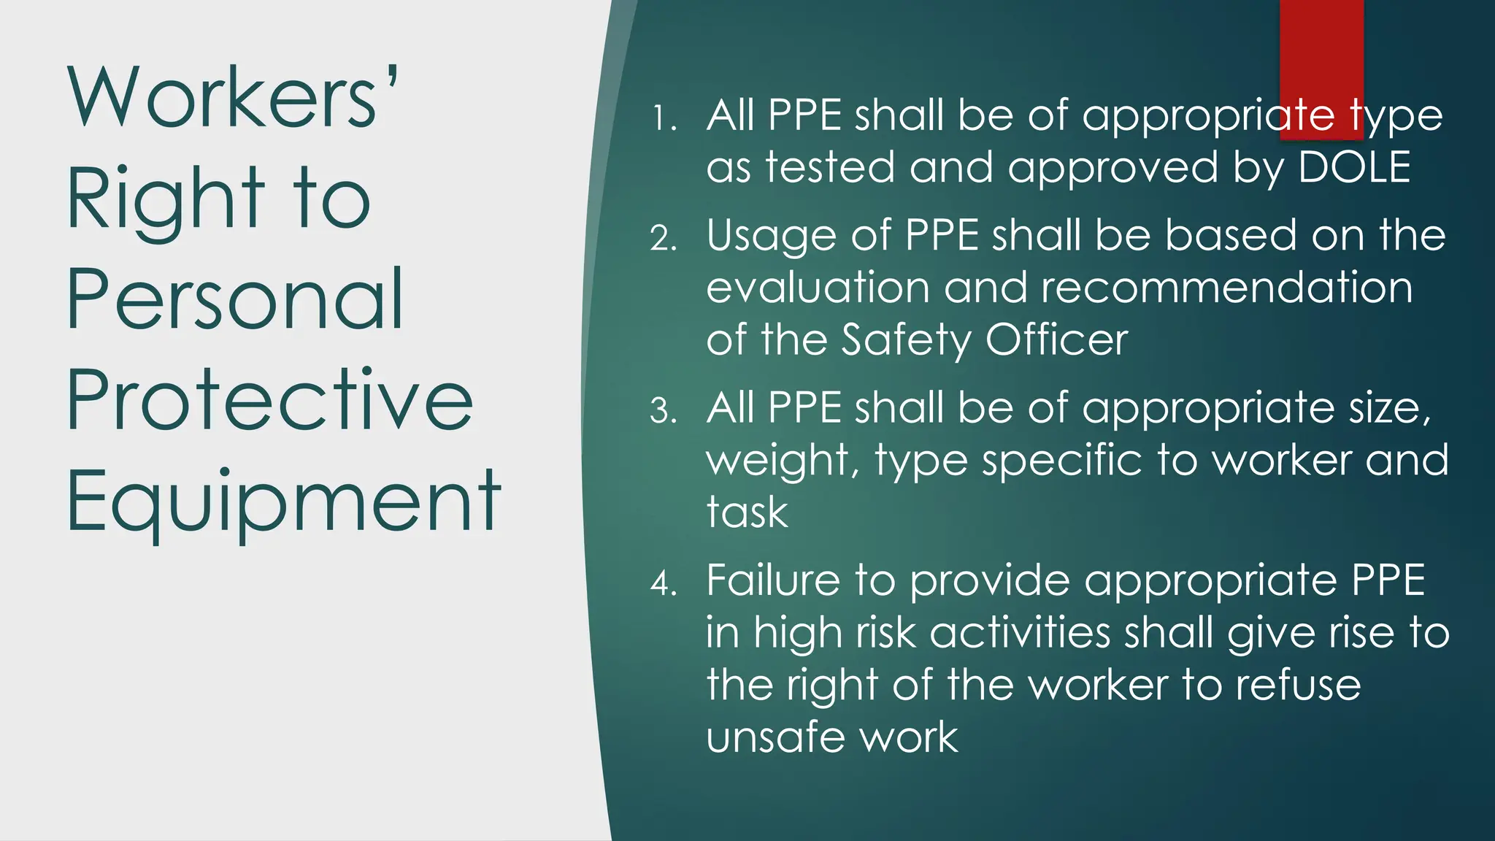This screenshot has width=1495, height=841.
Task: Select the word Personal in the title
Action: [235, 299]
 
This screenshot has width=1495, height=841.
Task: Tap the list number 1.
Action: [664, 119]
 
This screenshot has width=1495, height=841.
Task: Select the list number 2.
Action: [664, 239]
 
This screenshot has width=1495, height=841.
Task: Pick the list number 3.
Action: [664, 411]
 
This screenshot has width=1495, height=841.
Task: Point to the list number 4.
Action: [664, 583]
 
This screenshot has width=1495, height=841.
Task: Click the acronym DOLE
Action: [1354, 168]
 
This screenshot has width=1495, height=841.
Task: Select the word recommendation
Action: [1226, 288]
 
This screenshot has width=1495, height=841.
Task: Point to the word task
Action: [747, 512]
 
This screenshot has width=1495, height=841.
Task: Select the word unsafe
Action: [775, 737]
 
